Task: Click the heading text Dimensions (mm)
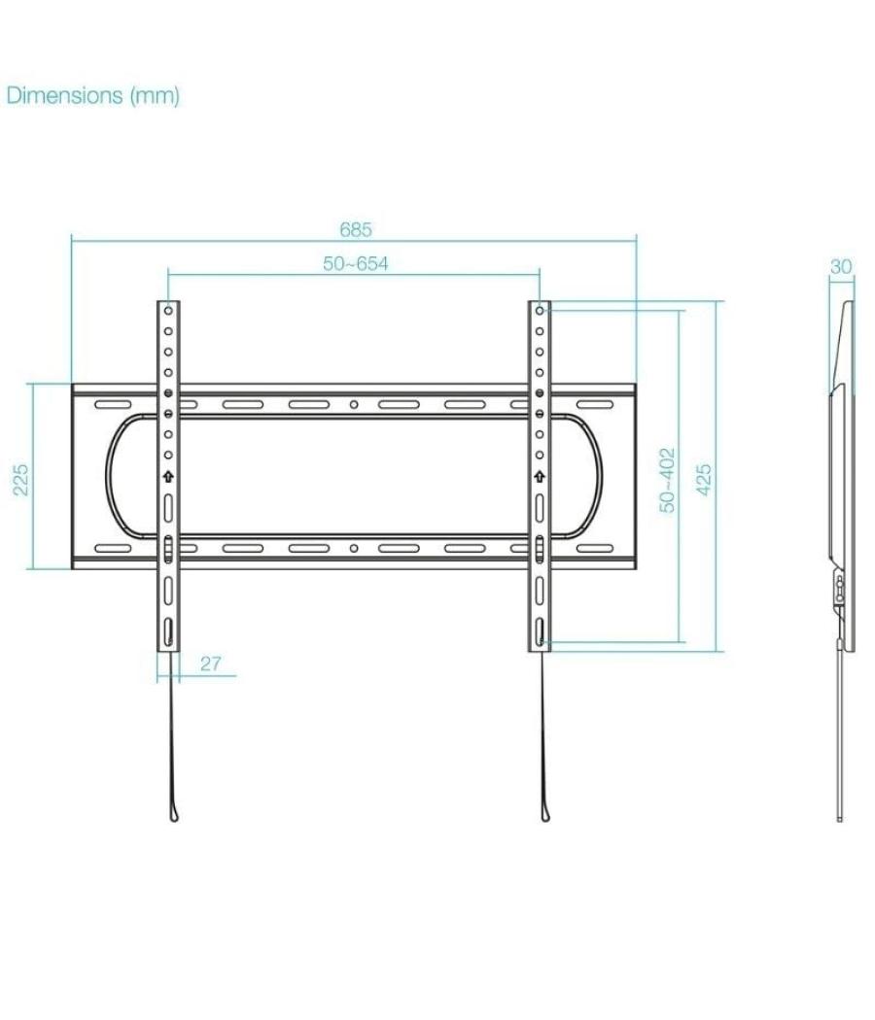[x=93, y=95]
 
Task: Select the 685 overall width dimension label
[x=355, y=230]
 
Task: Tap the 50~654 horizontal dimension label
[x=355, y=263]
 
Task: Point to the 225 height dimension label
[x=21, y=478]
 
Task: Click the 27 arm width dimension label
[x=211, y=664]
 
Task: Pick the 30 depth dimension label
[x=841, y=266]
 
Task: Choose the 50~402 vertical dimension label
[x=667, y=480]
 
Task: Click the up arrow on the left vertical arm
[x=168, y=477]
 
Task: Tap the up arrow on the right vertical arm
[x=539, y=477]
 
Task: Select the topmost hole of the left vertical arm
[x=168, y=312]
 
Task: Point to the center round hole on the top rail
[x=354, y=405]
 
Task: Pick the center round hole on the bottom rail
[x=354, y=549]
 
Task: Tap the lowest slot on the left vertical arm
[x=168, y=632]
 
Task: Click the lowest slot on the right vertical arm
[x=539, y=632]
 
